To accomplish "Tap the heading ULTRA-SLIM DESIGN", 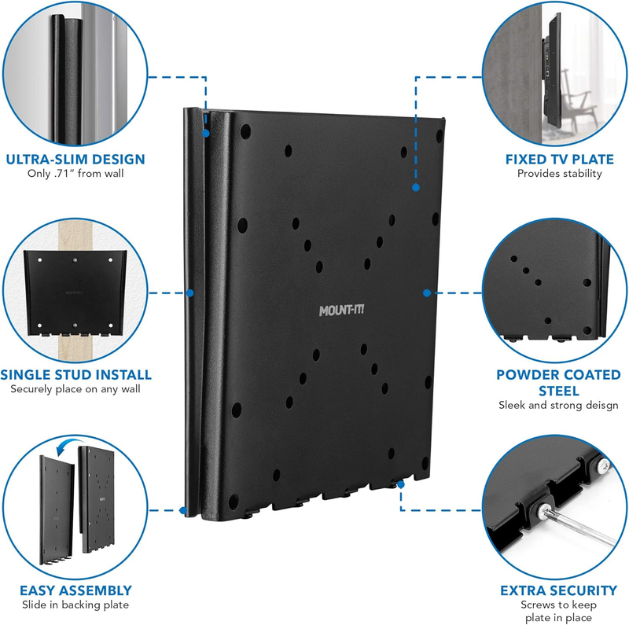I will coord(75,159).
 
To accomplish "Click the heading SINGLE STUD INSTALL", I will coord(76,374).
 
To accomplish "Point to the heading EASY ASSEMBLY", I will coord(76,590).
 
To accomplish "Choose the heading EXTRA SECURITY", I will coord(559,590).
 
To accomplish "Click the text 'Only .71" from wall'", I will coord(75,174).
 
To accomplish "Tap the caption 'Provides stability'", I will coord(559,174).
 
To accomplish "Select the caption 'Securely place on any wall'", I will coord(76,389).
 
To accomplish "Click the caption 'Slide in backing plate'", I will coord(76,605).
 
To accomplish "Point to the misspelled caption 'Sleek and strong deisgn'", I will coord(559,405).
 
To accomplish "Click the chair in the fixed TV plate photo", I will coord(586,102).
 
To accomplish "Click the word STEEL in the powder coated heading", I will coord(559,390).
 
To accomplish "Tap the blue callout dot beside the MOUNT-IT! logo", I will coord(426,292).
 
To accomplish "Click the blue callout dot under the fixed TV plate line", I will coord(415,187).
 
